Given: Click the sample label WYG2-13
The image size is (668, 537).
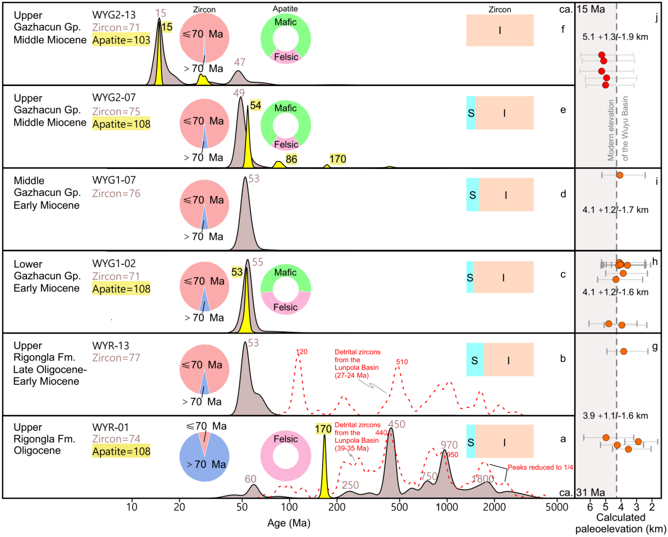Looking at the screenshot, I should (x=114, y=15).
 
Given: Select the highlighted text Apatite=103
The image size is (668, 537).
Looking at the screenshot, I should (x=121, y=40).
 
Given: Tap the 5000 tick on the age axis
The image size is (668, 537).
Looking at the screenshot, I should (x=557, y=507).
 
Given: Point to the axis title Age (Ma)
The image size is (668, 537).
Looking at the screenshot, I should (x=289, y=523).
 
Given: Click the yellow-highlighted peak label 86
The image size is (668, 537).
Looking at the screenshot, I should (x=291, y=159).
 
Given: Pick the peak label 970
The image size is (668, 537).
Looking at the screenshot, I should (x=449, y=445).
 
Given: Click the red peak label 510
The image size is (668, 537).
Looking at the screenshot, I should (x=402, y=362).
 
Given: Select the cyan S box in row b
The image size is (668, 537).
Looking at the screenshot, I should (x=475, y=361).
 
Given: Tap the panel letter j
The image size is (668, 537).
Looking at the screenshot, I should (x=656, y=18).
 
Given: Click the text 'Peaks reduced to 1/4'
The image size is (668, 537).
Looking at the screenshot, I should (x=540, y=467).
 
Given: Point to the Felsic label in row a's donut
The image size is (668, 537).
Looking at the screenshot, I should (x=285, y=439).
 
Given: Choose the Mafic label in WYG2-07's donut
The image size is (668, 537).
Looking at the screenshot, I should (x=285, y=108).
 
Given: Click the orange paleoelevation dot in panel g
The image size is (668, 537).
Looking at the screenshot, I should (x=624, y=351).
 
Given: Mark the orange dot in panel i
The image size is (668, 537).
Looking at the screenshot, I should (x=620, y=175).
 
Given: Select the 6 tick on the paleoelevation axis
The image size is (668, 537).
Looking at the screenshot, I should (x=590, y=507).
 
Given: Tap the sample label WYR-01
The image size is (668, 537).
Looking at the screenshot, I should (x=110, y=428).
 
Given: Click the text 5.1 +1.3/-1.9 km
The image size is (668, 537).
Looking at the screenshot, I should (x=615, y=37).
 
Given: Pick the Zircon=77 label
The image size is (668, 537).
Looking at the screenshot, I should (x=116, y=358).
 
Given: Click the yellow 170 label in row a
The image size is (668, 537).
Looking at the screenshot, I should (x=323, y=429).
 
